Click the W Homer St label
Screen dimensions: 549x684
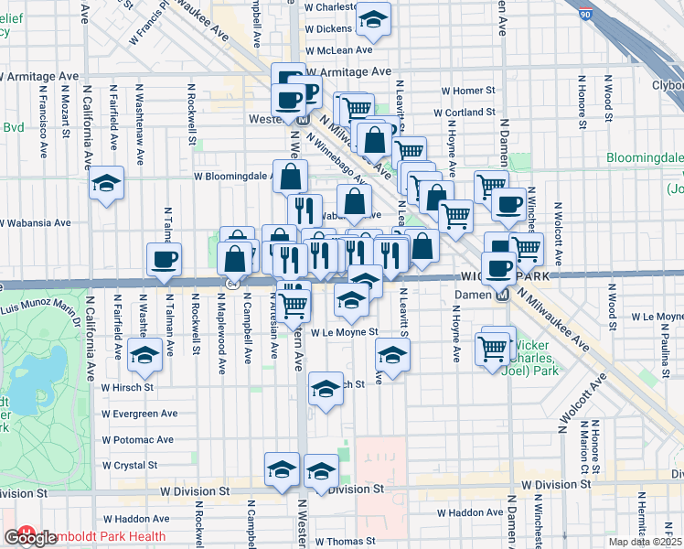tap(467, 91)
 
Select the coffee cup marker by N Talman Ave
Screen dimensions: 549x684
tap(166, 260)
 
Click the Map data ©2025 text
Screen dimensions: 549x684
tap(645, 542)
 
